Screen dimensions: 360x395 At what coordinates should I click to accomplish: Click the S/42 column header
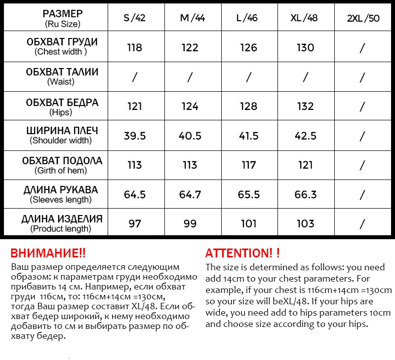click(134, 18)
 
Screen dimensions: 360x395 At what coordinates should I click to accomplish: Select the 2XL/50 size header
click(363, 18)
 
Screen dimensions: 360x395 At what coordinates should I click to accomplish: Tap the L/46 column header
click(247, 18)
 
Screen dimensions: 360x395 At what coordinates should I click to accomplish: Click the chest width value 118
click(134, 47)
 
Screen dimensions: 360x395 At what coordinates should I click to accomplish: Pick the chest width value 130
click(305, 47)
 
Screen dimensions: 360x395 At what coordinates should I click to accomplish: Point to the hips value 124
click(190, 106)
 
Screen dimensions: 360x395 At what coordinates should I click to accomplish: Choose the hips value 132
click(305, 106)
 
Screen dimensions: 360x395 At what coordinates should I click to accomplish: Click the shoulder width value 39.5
click(134, 136)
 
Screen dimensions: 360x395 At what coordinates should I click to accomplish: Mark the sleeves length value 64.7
click(190, 194)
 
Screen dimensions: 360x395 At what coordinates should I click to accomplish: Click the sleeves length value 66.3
click(305, 194)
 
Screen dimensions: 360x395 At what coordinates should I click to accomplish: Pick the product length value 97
click(134, 224)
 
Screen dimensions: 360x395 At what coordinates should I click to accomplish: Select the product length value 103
click(305, 224)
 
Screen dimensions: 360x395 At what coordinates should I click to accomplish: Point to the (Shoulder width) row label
click(61, 141)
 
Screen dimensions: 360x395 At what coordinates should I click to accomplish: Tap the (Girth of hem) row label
click(61, 171)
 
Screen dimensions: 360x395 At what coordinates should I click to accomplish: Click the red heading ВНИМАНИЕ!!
click(48, 253)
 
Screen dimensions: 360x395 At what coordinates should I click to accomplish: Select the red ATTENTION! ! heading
click(242, 253)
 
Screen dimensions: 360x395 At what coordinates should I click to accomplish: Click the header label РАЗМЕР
click(63, 13)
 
